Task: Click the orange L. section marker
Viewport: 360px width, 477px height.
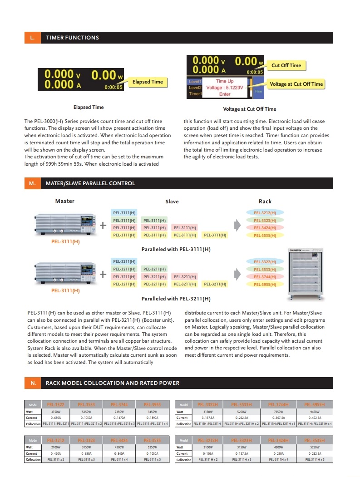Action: pos(32,38)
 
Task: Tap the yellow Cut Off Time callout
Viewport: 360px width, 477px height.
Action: pos(286,65)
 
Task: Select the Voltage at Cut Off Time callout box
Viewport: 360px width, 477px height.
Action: pos(296,84)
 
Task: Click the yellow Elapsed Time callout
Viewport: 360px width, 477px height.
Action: pos(147,82)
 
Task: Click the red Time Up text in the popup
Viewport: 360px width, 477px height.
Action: pos(225,81)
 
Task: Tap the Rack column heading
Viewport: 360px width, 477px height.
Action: pos(265,201)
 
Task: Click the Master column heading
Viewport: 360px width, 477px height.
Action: pos(65,201)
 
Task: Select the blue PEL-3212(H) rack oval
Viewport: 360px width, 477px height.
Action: pos(265,212)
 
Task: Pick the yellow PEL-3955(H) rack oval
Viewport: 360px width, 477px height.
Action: pos(265,285)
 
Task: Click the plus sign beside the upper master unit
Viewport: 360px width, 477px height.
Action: pos(104,225)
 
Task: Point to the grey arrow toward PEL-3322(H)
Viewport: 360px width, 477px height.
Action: pos(237,274)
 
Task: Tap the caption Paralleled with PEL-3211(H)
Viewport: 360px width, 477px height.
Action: pos(176,299)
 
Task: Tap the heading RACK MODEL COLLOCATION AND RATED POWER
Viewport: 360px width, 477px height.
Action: pos(113,383)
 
